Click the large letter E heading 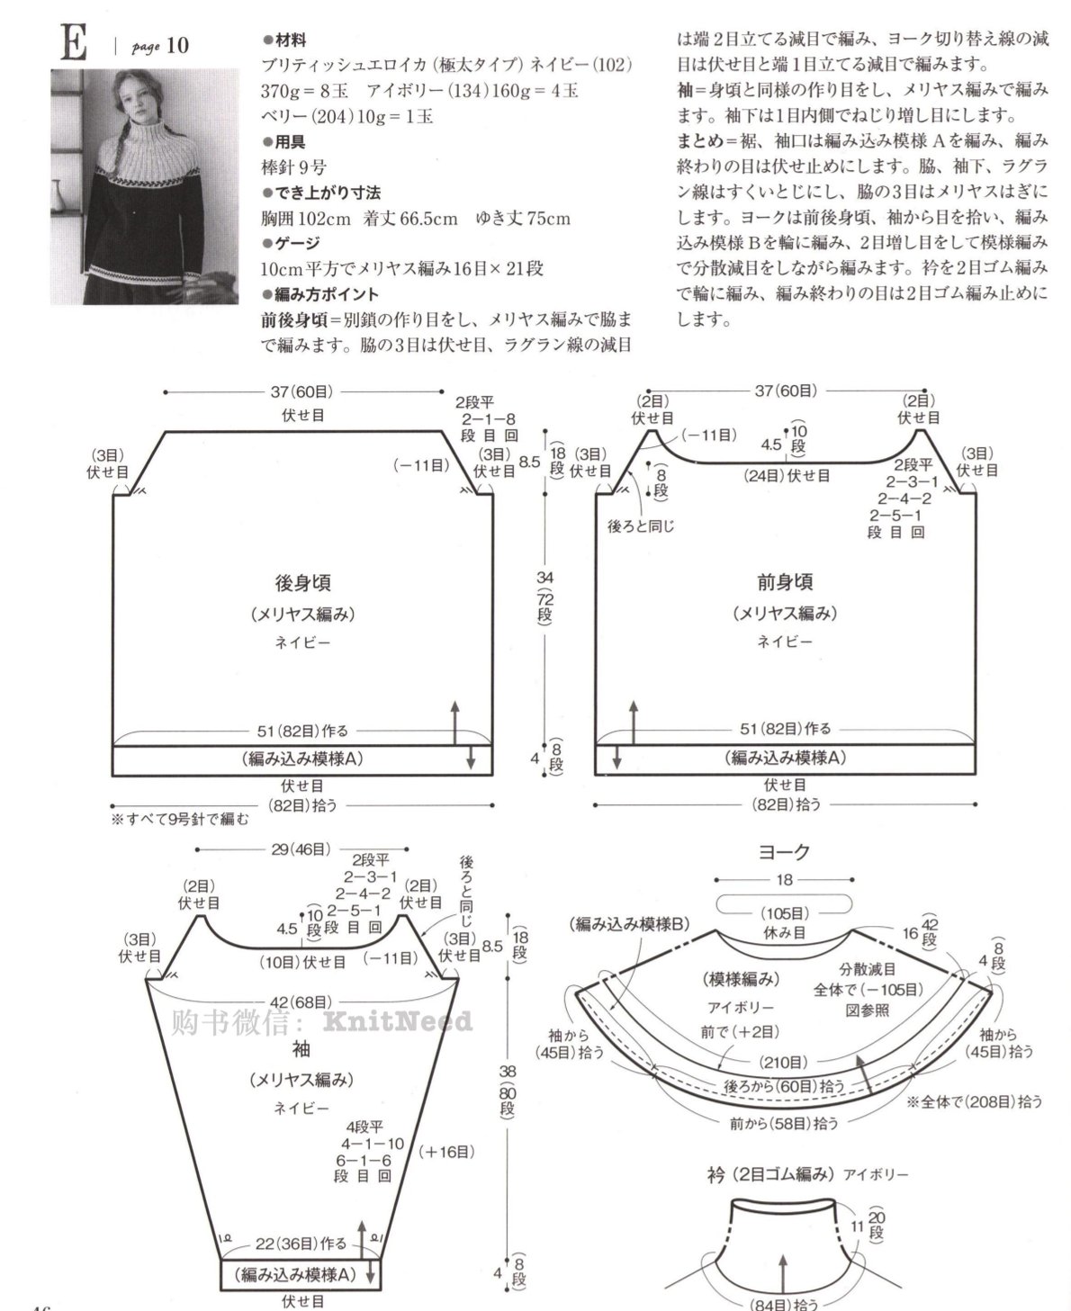(x=74, y=42)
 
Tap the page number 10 (x=177, y=45)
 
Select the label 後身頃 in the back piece (x=303, y=582)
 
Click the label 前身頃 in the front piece (x=785, y=582)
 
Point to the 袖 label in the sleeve (x=301, y=1049)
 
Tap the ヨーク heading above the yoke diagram (x=784, y=851)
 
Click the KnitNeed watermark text (x=398, y=1021)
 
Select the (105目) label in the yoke (x=785, y=913)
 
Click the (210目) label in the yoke (x=783, y=1063)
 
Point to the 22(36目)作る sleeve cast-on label (x=301, y=1243)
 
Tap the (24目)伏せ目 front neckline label (x=787, y=475)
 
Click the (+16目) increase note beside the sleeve (x=446, y=1152)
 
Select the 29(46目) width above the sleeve (x=301, y=849)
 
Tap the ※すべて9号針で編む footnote (x=179, y=819)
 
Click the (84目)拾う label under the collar (x=784, y=1304)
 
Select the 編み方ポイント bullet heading (x=320, y=294)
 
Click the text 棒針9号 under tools (x=293, y=167)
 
